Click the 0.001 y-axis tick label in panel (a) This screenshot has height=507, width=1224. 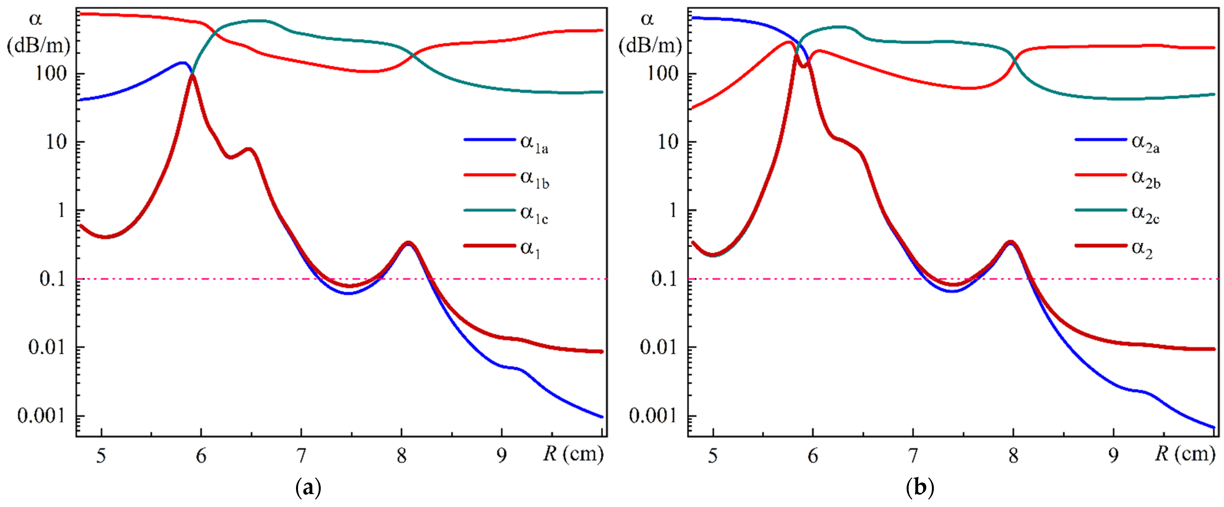[x=41, y=416]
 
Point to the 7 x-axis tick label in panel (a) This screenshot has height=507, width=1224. [x=301, y=456]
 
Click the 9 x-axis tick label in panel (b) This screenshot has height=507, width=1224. [x=1113, y=456]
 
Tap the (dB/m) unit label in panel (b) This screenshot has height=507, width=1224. [x=650, y=46]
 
